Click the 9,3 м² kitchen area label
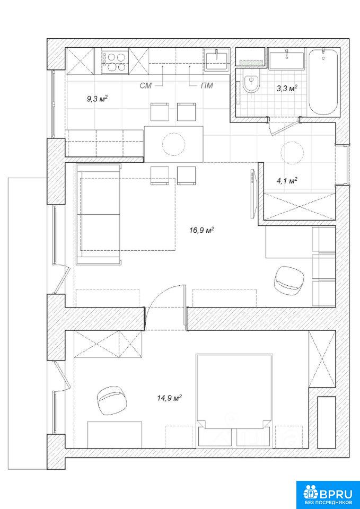97,99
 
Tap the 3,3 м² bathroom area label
287,88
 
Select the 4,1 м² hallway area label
287,180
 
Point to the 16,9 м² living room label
201,231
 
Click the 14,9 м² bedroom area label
169,398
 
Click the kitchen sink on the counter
216,60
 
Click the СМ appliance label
145,86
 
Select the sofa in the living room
99,214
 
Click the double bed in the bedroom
234,400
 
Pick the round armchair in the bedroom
112,401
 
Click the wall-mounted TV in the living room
253,195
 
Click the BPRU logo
328,494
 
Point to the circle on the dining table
174,144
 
